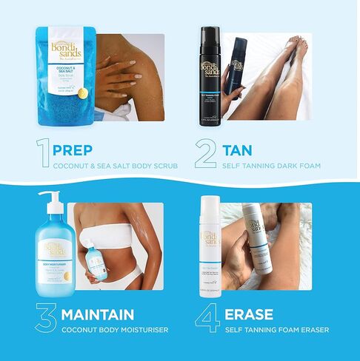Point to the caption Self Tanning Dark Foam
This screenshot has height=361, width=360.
(272, 166)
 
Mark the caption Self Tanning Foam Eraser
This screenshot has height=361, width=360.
(276, 330)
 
